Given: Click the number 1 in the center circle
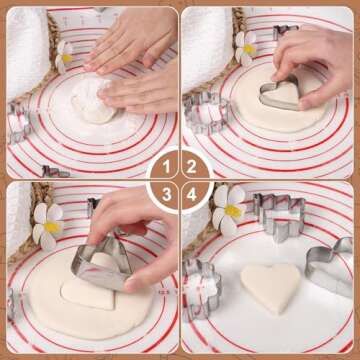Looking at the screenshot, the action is [166, 167].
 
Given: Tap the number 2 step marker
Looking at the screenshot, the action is [192, 167].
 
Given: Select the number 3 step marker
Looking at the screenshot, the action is [167, 194].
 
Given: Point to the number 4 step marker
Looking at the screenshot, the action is [192, 194].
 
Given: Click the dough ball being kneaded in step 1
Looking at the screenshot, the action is [93, 102].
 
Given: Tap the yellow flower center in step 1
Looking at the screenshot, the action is [67, 58].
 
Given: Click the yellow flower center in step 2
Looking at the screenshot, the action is [249, 49].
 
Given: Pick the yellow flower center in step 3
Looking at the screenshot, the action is [52, 227].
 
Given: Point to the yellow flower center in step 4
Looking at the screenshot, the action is [233, 211].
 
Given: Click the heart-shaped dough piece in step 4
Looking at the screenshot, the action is [271, 287].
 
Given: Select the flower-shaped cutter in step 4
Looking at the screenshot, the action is [202, 288].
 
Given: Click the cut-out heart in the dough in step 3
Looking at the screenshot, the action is [88, 293].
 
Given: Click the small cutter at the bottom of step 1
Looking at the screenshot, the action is [55, 172].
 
